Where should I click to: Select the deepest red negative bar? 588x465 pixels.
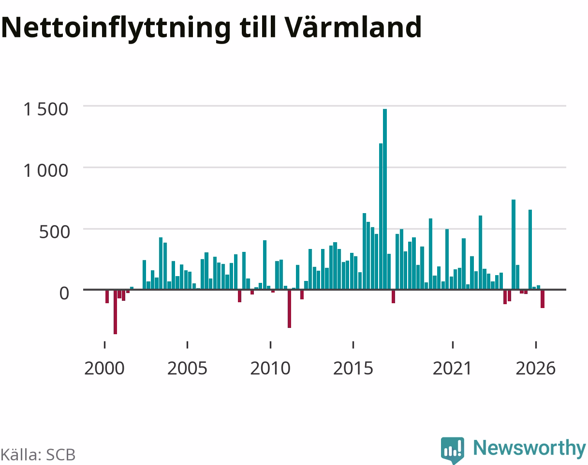(115, 312)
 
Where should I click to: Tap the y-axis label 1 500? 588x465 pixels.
(46, 109)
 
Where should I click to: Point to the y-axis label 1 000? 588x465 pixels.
(46, 170)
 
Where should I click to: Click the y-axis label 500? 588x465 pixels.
(54, 232)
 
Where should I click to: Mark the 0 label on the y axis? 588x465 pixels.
(64, 294)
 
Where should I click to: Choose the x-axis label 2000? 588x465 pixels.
(104, 369)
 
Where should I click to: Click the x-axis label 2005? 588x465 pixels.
(187, 369)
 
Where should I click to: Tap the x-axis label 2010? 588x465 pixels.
(270, 369)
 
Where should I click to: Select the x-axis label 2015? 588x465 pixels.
(353, 369)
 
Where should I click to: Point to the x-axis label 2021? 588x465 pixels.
(453, 369)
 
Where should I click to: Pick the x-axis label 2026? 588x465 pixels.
(536, 369)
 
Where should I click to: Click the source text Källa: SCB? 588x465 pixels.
(38, 455)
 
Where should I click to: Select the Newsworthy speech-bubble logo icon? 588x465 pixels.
(453, 450)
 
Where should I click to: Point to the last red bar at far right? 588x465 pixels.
(543, 299)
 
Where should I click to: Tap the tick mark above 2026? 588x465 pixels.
(536, 345)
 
